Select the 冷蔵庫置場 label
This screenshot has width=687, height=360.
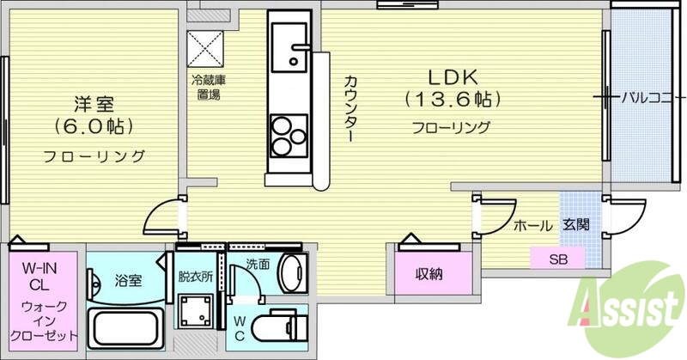tap(206, 87)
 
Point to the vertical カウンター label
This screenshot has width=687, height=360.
tap(350, 107)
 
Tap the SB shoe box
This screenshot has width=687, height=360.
tap(558, 257)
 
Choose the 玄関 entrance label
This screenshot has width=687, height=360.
tap(575, 226)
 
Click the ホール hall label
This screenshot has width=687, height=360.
tap(532, 226)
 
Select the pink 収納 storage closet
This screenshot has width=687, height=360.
tap(430, 274)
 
